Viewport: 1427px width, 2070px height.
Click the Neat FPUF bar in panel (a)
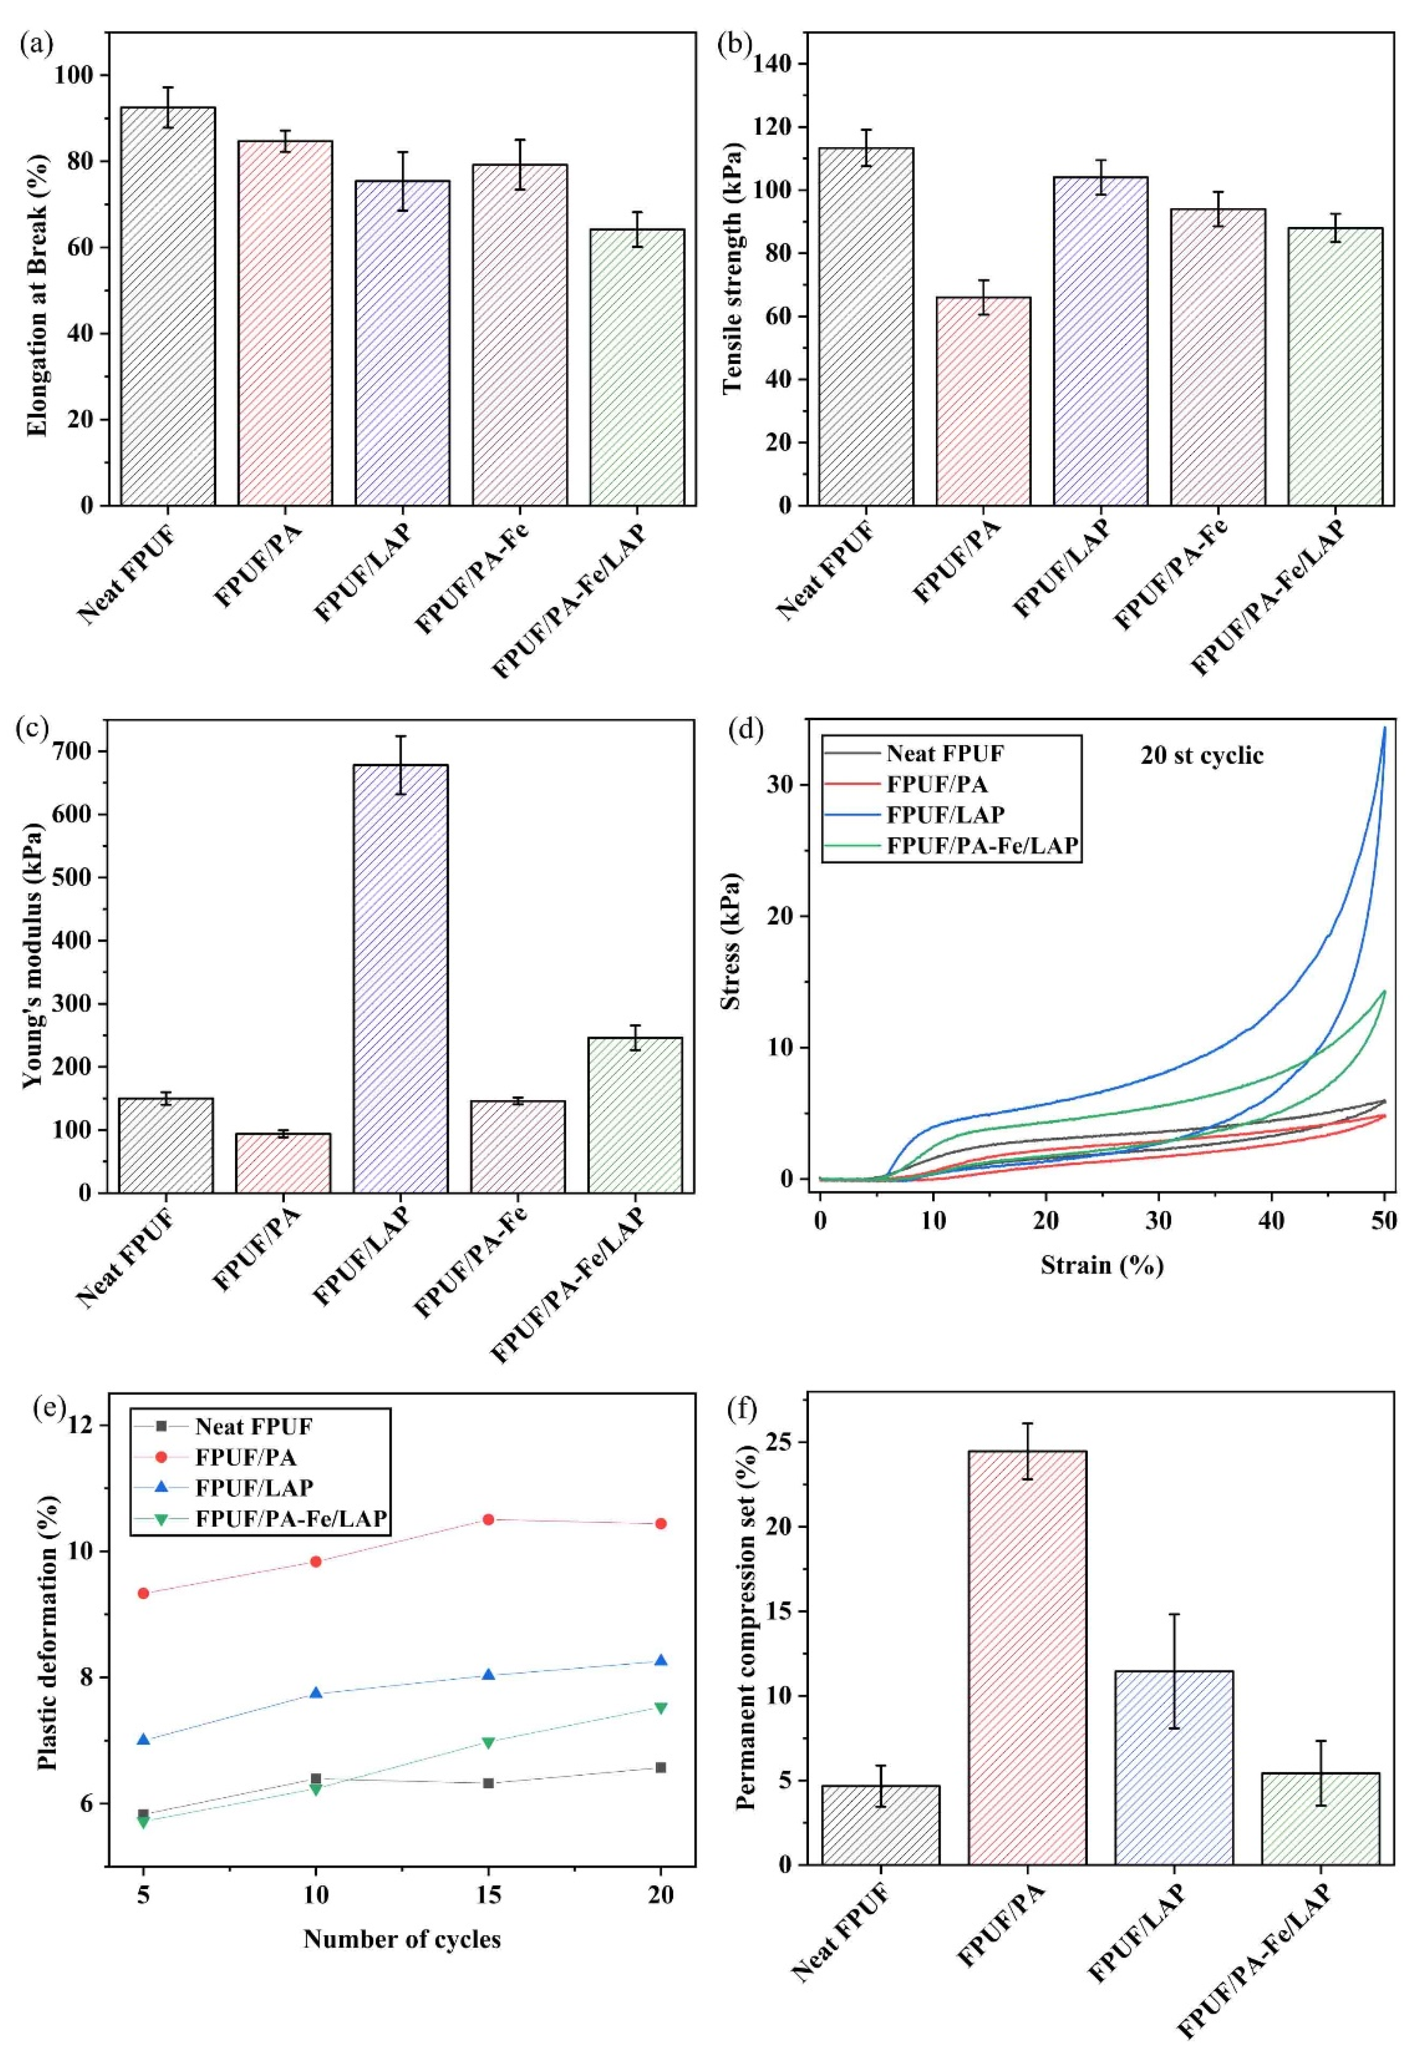(168, 306)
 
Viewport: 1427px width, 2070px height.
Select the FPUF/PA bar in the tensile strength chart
(983, 400)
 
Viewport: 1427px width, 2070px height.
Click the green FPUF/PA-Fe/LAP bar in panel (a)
(637, 367)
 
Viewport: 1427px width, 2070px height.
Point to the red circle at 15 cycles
(488, 1519)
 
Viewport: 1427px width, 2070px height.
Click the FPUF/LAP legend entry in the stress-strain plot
(944, 814)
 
